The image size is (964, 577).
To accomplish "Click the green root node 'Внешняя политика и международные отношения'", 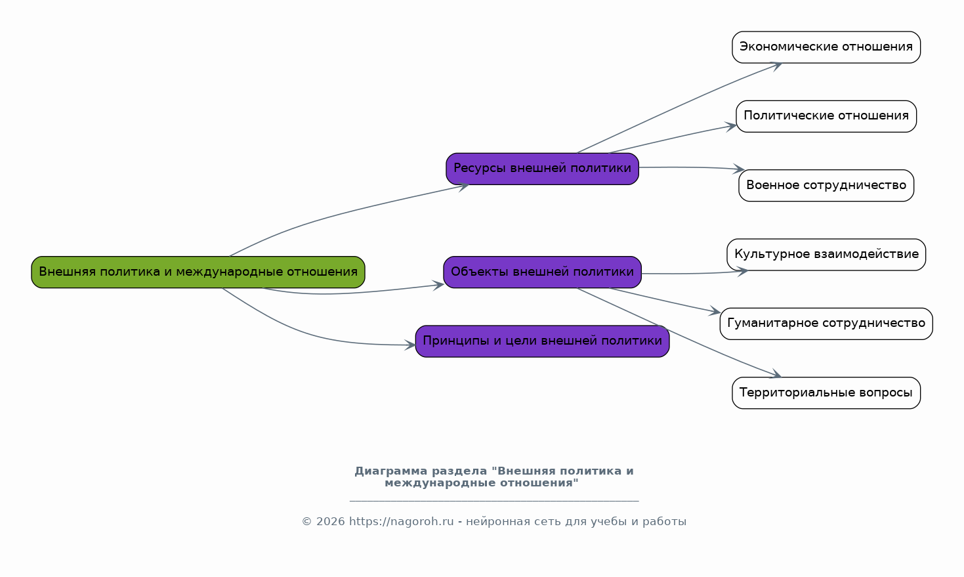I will (198, 272).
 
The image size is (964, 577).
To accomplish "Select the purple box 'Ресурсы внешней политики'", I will (542, 169).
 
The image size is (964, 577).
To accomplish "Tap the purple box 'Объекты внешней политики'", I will (542, 272).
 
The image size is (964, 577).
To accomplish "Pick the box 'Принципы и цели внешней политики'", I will (542, 341).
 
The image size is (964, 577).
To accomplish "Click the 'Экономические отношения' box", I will (826, 47).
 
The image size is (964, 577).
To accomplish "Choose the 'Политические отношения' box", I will (826, 116).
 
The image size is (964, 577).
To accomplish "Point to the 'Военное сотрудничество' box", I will (826, 186).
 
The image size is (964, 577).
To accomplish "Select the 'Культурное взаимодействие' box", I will (826, 255).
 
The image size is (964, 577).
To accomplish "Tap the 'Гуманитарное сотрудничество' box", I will (826, 324).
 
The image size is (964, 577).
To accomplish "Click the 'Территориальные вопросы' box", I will (826, 393).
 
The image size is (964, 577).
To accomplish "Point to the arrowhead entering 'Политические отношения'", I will (731, 125).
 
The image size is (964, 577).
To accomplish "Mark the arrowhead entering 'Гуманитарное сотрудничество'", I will (715, 312).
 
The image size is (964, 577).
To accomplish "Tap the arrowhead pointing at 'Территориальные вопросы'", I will (776, 375).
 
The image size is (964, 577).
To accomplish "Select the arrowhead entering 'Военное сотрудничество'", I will (738, 169).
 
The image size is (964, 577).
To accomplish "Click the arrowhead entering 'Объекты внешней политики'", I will (438, 285).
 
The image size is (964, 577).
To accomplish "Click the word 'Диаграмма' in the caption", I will (390, 471).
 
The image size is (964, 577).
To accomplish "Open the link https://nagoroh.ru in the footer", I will (401, 522).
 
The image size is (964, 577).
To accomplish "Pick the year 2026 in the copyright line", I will (330, 522).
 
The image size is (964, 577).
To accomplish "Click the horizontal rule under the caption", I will (493, 501).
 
